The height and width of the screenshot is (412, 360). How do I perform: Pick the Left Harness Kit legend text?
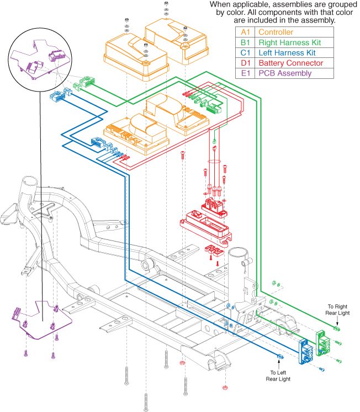(288, 53)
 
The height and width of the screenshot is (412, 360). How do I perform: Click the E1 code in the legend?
(244, 74)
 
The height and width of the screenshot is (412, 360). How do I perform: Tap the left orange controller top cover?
(135, 52)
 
